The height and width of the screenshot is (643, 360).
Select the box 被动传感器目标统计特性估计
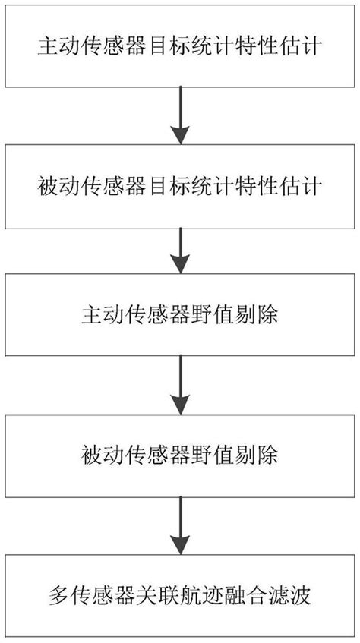pos(179,184)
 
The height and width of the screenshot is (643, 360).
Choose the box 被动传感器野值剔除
pos(179,455)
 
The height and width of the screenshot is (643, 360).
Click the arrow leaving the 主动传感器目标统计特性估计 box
pos(179,114)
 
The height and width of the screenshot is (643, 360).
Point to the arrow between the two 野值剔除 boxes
pos(179,384)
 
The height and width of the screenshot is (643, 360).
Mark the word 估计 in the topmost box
pos(305,47)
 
